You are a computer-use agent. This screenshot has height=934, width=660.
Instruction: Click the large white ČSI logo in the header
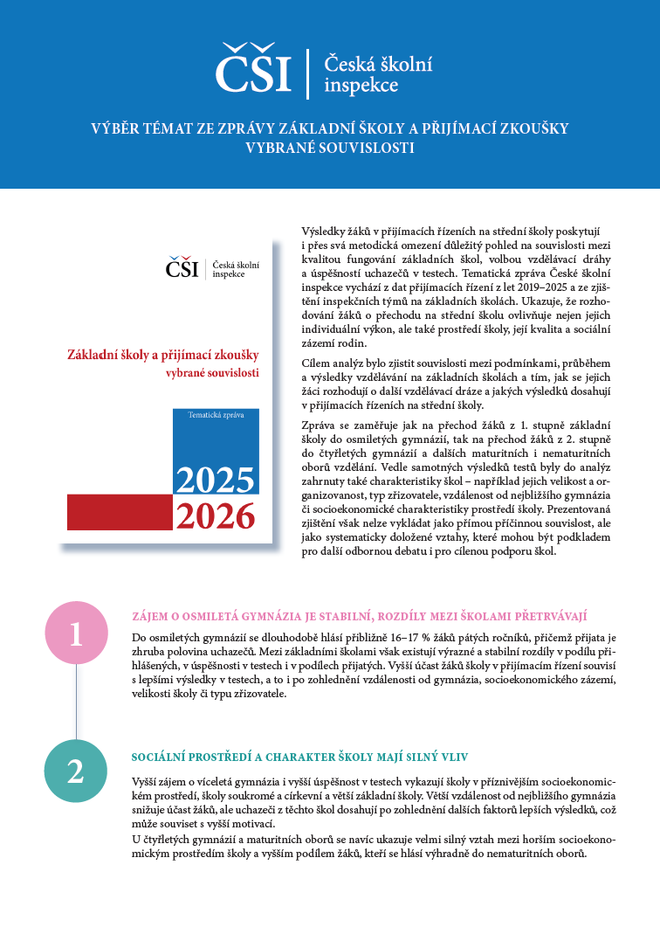254,69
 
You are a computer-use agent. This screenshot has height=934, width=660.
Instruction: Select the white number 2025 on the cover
215,479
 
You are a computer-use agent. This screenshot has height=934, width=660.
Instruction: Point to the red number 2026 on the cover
215,517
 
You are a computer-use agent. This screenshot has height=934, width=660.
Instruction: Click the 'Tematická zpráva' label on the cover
216,414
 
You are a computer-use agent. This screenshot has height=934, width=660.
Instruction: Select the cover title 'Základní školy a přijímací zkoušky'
163,356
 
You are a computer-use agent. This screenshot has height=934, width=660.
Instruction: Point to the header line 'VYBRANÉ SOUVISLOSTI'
330,148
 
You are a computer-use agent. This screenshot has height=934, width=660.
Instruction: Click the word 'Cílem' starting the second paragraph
315,363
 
